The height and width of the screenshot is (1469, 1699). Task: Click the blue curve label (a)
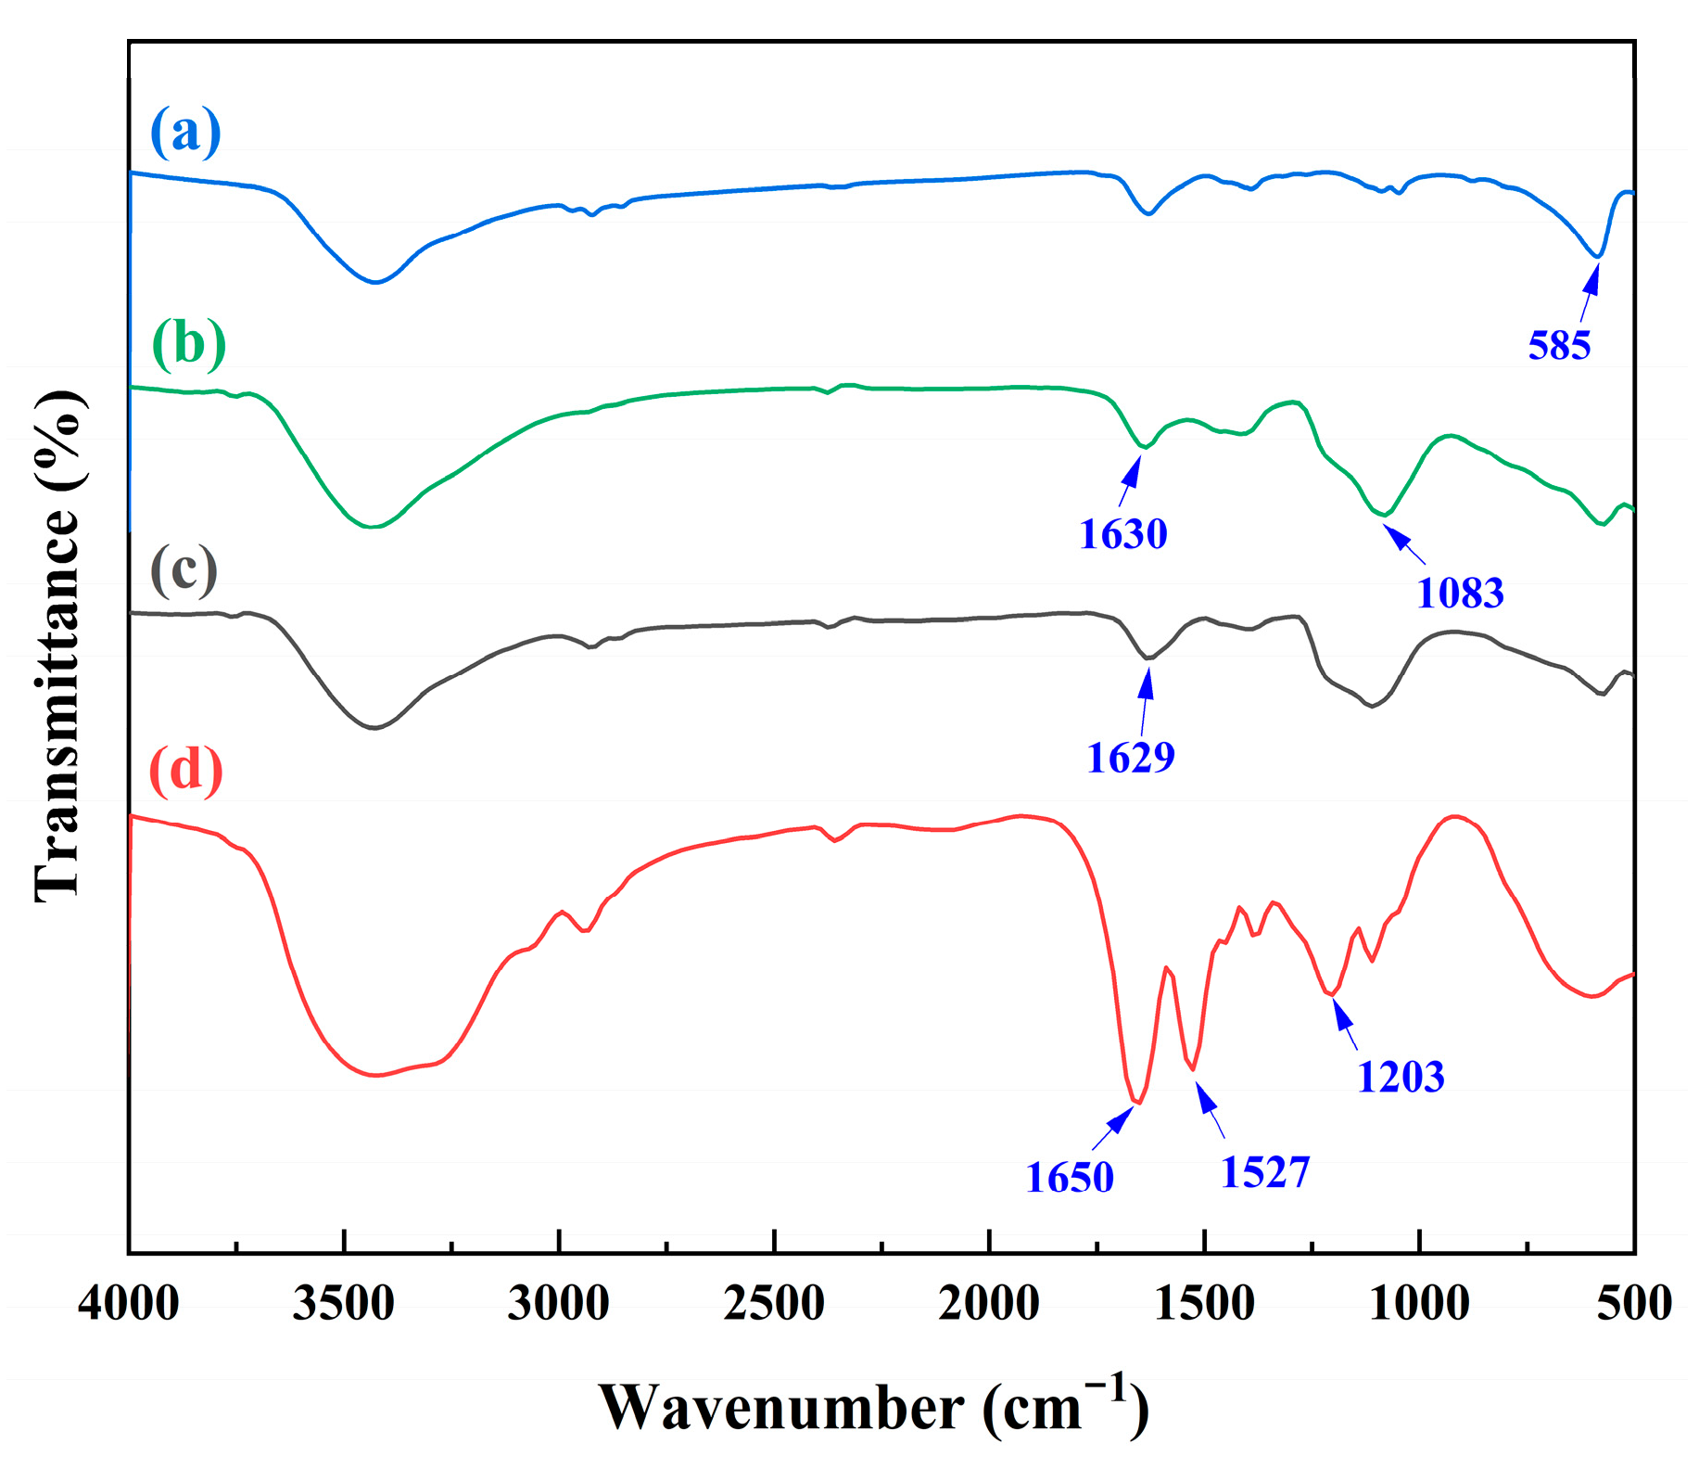[185, 132]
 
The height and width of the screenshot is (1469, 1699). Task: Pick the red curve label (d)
[186, 769]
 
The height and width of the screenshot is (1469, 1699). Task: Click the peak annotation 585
[1559, 346]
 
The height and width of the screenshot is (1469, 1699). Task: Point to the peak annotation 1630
[1122, 534]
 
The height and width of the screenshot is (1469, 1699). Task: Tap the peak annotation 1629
[1130, 759]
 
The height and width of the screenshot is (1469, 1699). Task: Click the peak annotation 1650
[1069, 1178]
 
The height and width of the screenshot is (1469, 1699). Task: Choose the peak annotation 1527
[1265, 1173]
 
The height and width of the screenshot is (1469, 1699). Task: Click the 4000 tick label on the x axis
[128, 1303]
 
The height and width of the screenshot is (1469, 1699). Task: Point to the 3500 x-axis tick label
[343, 1303]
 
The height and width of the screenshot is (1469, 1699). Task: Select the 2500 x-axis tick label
[774, 1303]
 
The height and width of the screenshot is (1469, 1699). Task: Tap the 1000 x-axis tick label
[1419, 1303]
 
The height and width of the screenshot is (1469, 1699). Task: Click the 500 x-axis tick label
[1634, 1303]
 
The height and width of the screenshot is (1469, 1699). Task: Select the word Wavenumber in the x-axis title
[781, 1408]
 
